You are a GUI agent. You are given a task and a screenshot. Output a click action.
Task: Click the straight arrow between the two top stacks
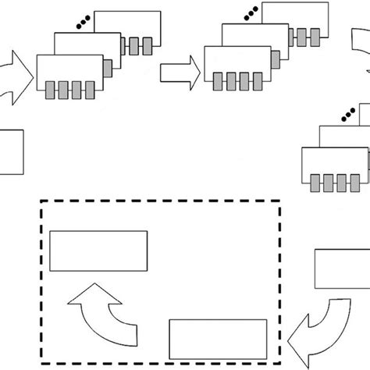pos(179,73)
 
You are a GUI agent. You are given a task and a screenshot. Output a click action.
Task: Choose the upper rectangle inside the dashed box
pos(98,249)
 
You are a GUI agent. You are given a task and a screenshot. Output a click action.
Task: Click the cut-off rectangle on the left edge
pos(12,151)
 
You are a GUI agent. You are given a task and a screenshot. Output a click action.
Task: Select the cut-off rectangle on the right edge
pos(342,270)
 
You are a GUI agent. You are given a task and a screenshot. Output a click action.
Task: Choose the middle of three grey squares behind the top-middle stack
pos(304,36)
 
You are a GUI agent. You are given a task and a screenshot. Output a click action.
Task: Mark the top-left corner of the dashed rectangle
pos(41,202)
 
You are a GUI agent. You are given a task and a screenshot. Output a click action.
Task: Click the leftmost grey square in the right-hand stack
pos(316,183)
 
